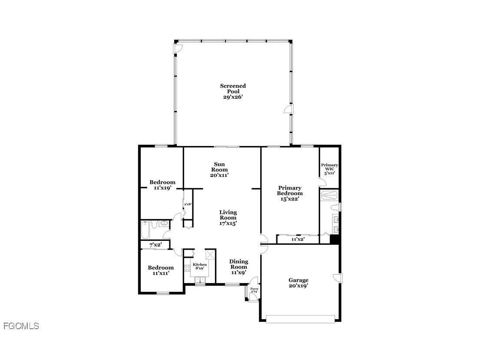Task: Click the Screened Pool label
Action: [233, 91]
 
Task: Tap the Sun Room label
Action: [219, 169]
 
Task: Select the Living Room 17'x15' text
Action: [228, 217]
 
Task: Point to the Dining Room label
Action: [238, 267]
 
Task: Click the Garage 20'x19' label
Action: [298, 283]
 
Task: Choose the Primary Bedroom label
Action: [290, 193]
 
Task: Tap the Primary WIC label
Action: [330, 169]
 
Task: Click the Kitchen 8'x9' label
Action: [200, 267]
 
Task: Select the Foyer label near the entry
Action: [254, 290]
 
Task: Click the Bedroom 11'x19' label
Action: [162, 185]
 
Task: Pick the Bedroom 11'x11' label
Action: [160, 270]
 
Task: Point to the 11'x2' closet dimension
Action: [298, 239]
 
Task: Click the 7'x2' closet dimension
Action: [156, 245]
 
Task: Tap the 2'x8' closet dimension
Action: [188, 204]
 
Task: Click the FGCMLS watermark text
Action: [21, 326]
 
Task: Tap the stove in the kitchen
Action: [187, 268]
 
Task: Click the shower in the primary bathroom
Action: [330, 195]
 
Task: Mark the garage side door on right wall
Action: [339, 278]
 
